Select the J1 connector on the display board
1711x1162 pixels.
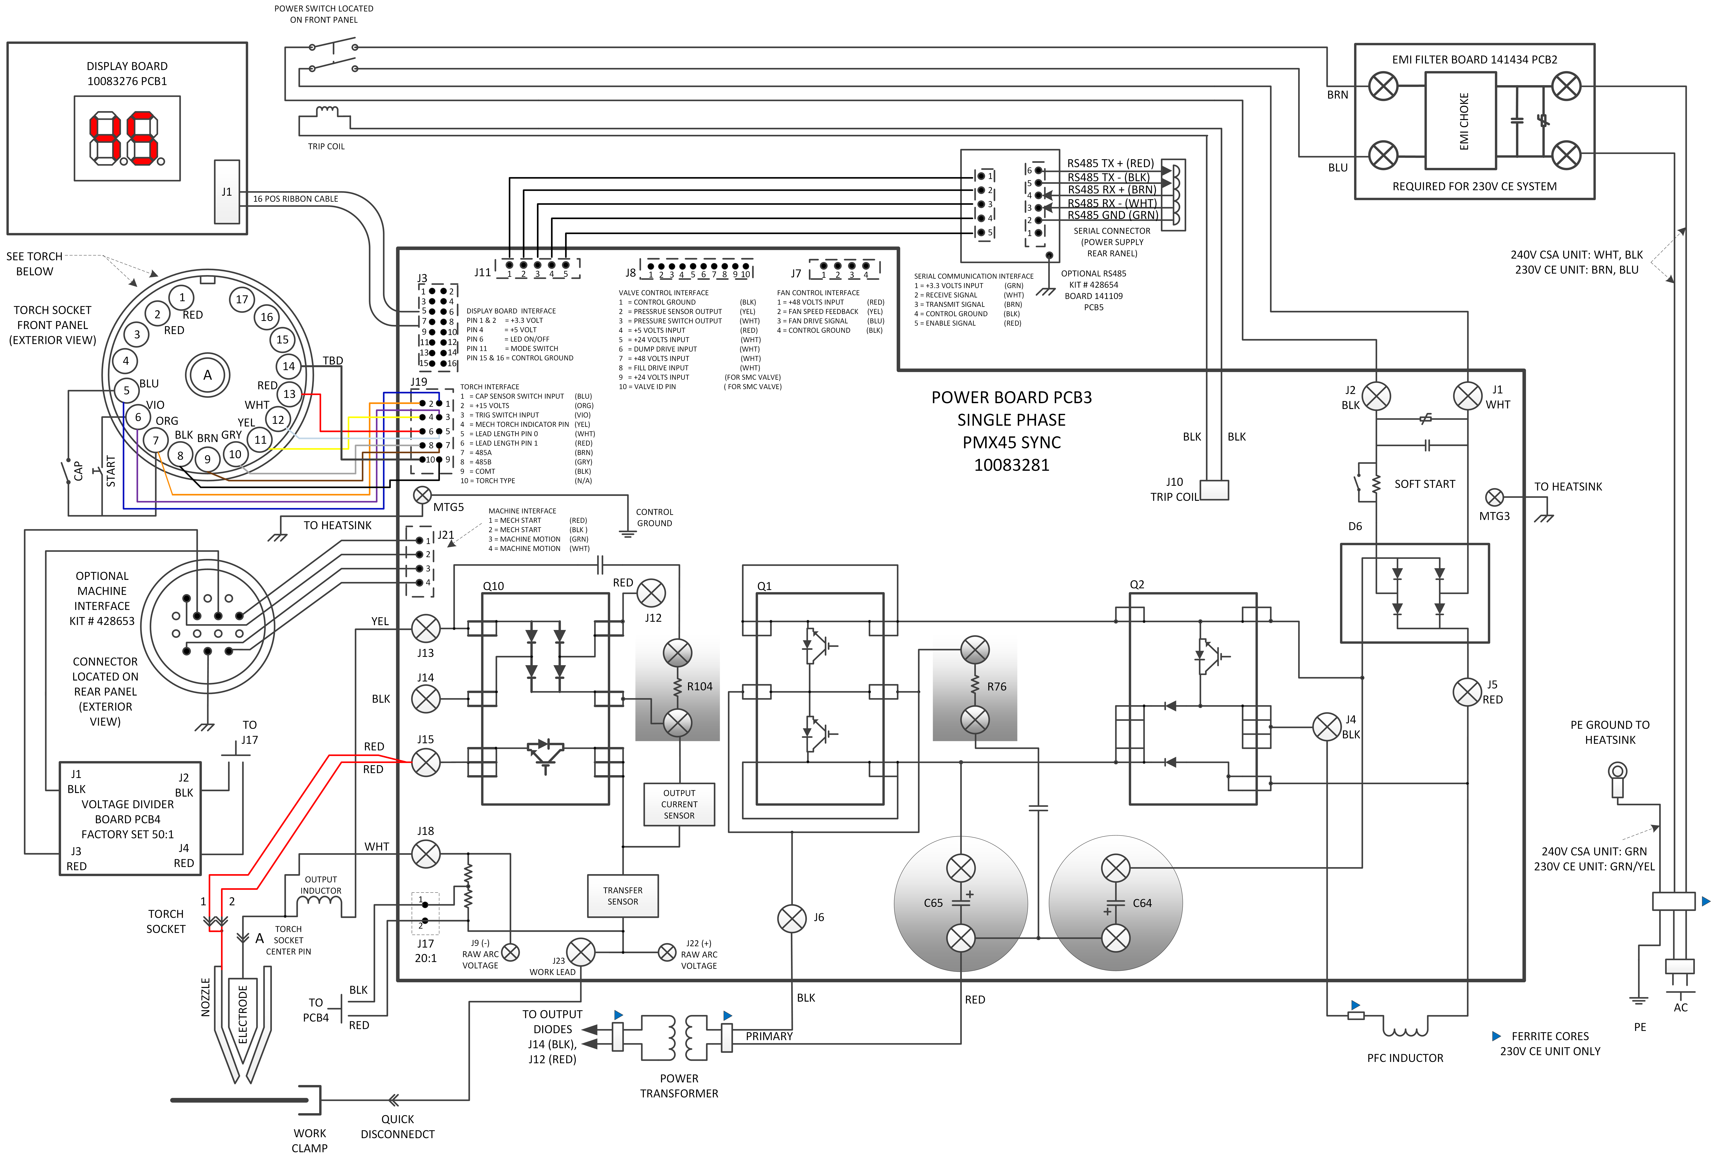227,192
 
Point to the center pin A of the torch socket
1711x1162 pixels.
208,375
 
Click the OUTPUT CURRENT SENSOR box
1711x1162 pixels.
679,804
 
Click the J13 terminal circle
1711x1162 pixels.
425,628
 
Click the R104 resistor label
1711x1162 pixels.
699,686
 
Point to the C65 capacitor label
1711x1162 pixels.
933,903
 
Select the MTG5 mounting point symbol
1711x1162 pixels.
423,495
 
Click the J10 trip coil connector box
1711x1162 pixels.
1214,490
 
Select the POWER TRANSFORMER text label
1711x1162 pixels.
679,1085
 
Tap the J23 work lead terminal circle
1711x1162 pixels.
581,952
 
